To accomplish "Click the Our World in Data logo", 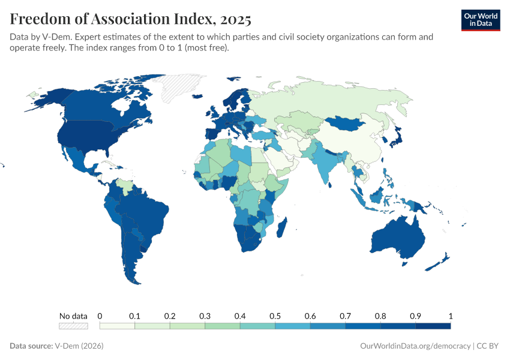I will click(480, 20).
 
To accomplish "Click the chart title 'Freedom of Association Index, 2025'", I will click(130, 19).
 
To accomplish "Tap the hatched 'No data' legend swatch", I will click(73, 326).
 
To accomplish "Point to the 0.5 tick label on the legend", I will click(275, 316).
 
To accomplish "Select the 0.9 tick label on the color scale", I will click(415, 316).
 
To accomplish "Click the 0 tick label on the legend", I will click(100, 316).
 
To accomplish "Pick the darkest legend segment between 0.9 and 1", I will click(433, 326).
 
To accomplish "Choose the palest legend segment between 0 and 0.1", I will click(117, 326).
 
